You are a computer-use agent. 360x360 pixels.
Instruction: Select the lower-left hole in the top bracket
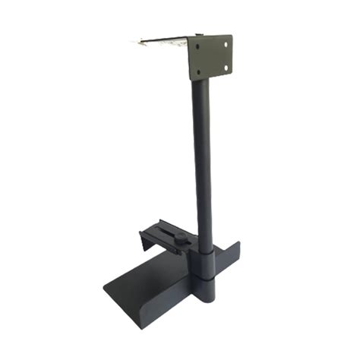[x=199, y=72]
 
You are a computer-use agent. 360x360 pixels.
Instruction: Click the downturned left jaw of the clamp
[x=144, y=242]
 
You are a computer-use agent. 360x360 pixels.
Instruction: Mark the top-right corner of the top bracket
[x=231, y=36]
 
